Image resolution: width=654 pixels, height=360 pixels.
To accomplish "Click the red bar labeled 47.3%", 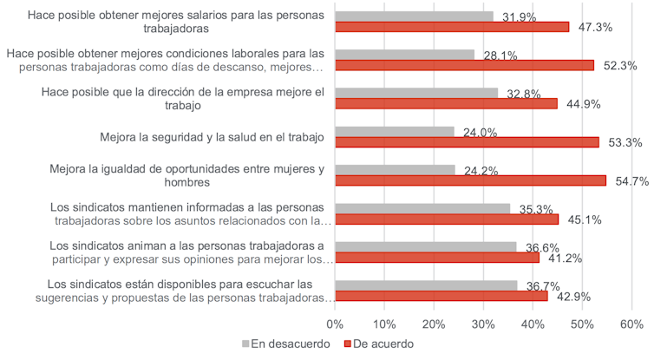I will pos(452,27).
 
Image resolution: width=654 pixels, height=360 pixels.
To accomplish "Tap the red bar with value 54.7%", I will pos(470,180).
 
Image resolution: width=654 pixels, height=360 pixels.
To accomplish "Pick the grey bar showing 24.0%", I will pos(395,132).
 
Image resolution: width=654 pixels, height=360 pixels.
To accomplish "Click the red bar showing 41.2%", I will pos(436,258).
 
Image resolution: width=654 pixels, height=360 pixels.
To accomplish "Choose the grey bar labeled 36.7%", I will pos(426,285).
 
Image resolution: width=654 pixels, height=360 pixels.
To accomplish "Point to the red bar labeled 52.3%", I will pos(464,65).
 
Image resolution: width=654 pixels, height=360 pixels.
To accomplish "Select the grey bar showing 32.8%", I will pos(416,93).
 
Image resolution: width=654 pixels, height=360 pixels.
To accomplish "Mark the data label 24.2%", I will pos(480,171).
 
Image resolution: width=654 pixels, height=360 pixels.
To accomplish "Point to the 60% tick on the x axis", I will pos(631,324).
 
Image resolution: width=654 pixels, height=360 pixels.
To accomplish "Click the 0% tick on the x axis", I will pos(336,324).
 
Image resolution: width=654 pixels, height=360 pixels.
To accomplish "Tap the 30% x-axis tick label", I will pos(483,324).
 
